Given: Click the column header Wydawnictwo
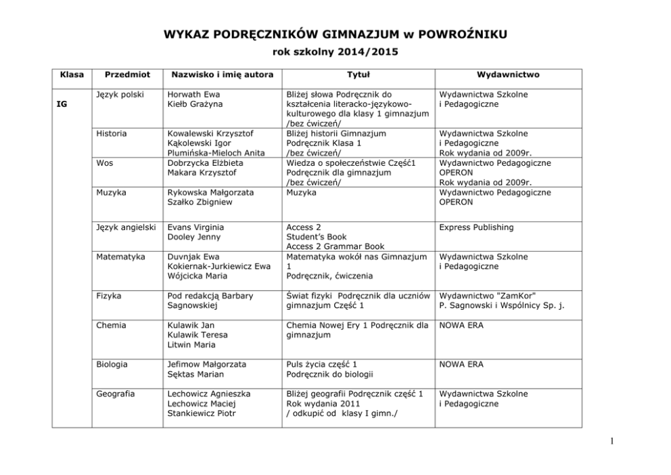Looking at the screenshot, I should (x=508, y=74).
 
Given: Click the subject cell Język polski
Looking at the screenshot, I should (x=120, y=95).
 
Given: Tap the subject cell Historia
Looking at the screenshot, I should (x=112, y=134).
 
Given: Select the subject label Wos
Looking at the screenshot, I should (x=104, y=163).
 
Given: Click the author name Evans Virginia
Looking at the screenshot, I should (x=195, y=227).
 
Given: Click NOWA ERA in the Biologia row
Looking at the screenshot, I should (x=461, y=365).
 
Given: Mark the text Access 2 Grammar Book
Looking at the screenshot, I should (x=335, y=247).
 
